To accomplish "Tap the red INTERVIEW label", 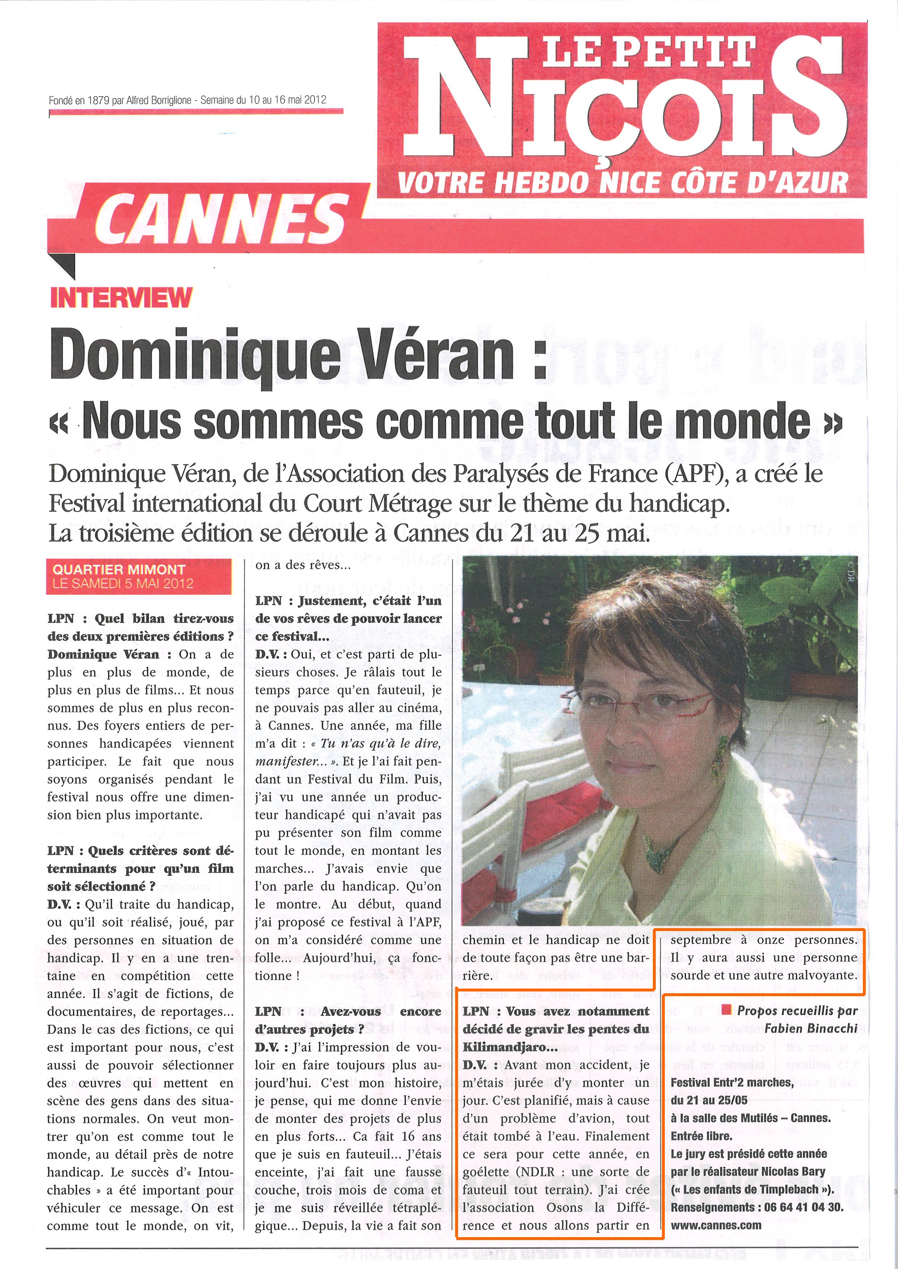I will coord(121,298).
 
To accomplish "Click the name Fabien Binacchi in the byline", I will coord(811,1028).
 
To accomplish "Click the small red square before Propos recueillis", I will coord(727,1010).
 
